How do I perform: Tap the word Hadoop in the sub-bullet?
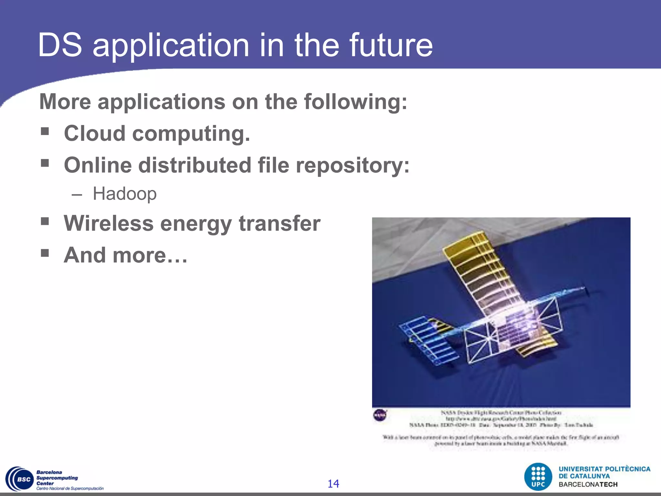pos(125,194)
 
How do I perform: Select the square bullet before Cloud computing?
pos(45,131)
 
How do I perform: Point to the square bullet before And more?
pos(45,253)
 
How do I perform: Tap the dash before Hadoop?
pos(77,195)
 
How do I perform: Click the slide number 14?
pos(333,483)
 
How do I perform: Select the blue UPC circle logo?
pos(538,477)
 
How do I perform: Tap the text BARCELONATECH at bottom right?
pos(588,484)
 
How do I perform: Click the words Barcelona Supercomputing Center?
pos(57,478)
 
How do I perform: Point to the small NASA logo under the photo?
pos(380,415)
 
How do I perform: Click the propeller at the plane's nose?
pos(585,291)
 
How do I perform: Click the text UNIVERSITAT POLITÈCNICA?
pos(604,469)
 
